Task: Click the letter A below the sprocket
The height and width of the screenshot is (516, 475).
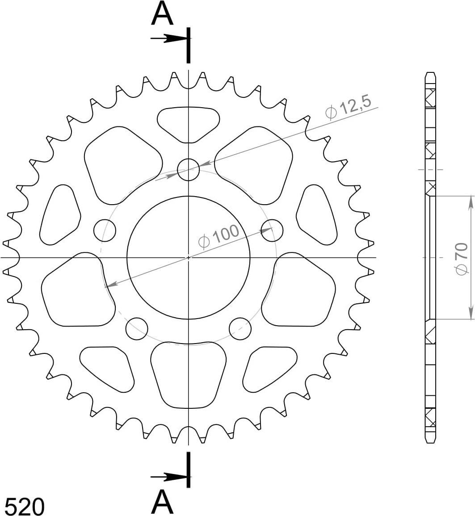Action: point(162,502)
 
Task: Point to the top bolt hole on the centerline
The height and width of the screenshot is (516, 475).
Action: point(188,170)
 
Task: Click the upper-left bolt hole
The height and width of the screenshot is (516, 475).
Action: point(105,231)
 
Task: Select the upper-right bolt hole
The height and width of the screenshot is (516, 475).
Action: point(272,230)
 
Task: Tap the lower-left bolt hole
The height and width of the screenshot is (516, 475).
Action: point(137,328)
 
